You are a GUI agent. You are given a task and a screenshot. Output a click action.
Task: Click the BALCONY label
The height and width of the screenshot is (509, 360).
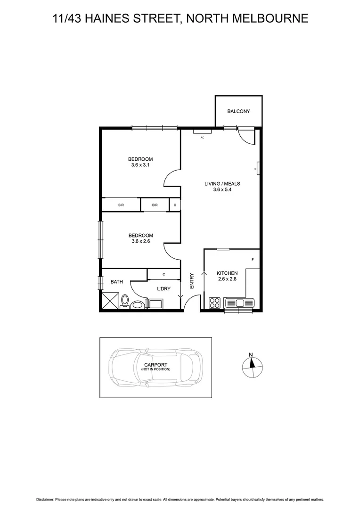pyautogui.click(x=238, y=112)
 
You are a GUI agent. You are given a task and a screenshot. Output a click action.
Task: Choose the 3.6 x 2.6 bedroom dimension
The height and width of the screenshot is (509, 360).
pyautogui.click(x=140, y=242)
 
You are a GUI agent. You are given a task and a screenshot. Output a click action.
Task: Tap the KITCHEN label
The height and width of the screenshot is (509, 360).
pyautogui.click(x=227, y=273)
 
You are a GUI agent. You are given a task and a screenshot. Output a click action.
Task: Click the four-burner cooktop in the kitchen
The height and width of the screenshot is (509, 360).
pyautogui.click(x=214, y=303)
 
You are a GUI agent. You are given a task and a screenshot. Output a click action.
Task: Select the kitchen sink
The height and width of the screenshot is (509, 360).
pyautogui.click(x=239, y=302)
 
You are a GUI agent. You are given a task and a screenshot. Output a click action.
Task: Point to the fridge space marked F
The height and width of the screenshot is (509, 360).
pyautogui.click(x=253, y=260)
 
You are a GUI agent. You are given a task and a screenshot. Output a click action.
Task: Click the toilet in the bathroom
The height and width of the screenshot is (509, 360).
pyautogui.click(x=125, y=301)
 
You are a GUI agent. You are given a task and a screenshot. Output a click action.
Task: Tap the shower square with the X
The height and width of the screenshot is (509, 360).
pyautogui.click(x=110, y=301)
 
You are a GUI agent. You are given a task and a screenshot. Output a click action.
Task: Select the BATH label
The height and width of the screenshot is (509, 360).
pyautogui.click(x=117, y=282)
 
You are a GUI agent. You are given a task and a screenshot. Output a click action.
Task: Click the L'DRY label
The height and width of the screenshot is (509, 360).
pyautogui.click(x=163, y=288)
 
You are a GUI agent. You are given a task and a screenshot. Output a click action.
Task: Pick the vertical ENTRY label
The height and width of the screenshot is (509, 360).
pyautogui.click(x=192, y=281)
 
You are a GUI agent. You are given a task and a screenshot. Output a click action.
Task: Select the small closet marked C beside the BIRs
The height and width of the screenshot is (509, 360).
pyautogui.click(x=175, y=205)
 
